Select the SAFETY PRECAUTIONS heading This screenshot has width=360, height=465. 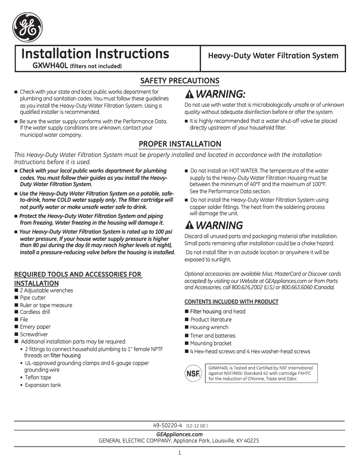pos(180,81)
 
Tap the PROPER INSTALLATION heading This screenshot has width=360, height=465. pos(180,144)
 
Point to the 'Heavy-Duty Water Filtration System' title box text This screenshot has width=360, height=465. pos(272,56)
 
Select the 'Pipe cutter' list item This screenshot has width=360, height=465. pos(33,298)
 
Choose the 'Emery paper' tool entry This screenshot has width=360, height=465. pos(35,327)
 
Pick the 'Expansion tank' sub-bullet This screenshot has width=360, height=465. pos(43,385)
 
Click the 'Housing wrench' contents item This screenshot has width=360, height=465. pos(209,327)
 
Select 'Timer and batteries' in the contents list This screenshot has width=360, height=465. pos(213,335)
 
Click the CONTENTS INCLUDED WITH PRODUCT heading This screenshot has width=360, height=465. pos(231,301)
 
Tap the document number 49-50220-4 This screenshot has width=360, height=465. pos(167,425)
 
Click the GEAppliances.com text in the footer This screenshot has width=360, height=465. pos(179,434)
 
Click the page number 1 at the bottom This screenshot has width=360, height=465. pos(180,453)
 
